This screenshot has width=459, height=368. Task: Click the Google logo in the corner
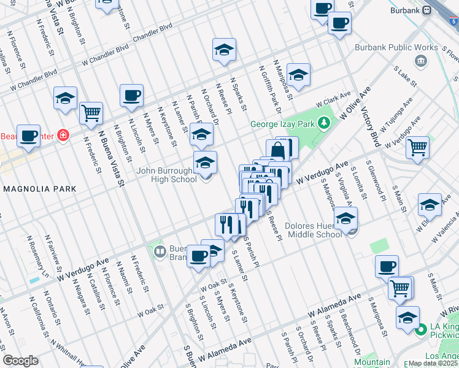(x=21, y=361)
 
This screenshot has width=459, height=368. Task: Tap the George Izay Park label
(x=281, y=124)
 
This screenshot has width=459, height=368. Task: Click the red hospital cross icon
(x=63, y=136)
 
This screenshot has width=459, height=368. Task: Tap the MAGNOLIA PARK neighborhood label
(x=38, y=188)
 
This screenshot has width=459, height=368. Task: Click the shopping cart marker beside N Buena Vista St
(x=91, y=113)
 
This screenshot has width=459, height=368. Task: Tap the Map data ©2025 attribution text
(x=433, y=363)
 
